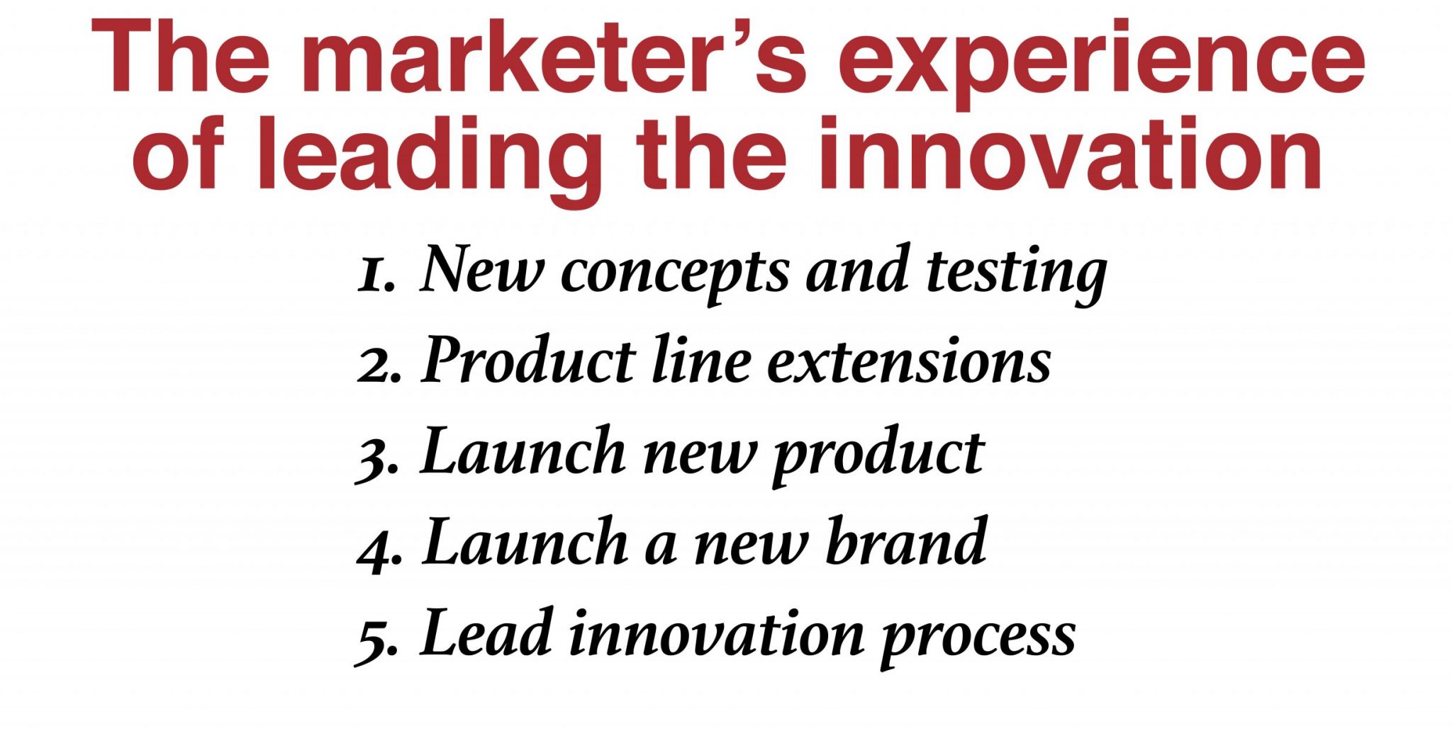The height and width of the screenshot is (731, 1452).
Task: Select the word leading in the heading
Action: point(428,161)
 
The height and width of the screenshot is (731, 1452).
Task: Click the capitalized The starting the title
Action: point(181,57)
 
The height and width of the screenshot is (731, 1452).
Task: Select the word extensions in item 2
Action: point(910,362)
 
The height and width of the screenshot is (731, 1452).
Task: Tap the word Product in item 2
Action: point(528,359)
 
